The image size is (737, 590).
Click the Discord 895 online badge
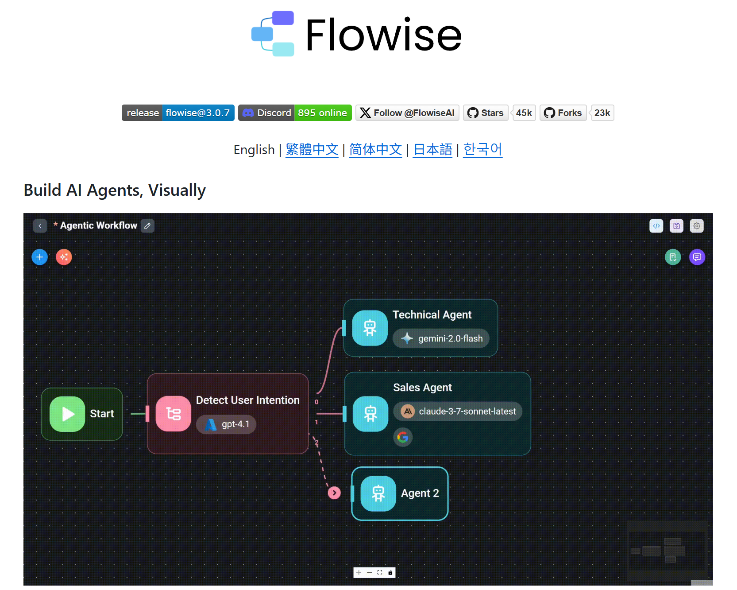click(295, 113)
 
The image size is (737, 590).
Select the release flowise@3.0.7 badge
click(178, 113)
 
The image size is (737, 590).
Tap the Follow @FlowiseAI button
click(407, 113)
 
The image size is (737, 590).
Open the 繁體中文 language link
click(312, 150)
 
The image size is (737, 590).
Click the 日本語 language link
click(432, 150)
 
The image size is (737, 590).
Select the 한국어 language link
click(482, 150)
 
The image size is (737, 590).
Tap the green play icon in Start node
click(67, 414)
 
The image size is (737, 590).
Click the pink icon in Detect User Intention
click(174, 414)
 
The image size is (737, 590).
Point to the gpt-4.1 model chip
click(227, 424)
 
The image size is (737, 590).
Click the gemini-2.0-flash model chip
click(441, 338)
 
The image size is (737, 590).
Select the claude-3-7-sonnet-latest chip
click(458, 411)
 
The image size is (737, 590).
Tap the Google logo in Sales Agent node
click(403, 438)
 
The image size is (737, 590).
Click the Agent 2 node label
click(420, 493)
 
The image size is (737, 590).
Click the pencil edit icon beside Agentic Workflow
click(147, 226)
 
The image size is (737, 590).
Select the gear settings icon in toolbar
click(697, 226)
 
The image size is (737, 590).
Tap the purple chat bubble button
click(697, 257)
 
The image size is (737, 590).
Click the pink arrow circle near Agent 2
click(334, 493)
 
